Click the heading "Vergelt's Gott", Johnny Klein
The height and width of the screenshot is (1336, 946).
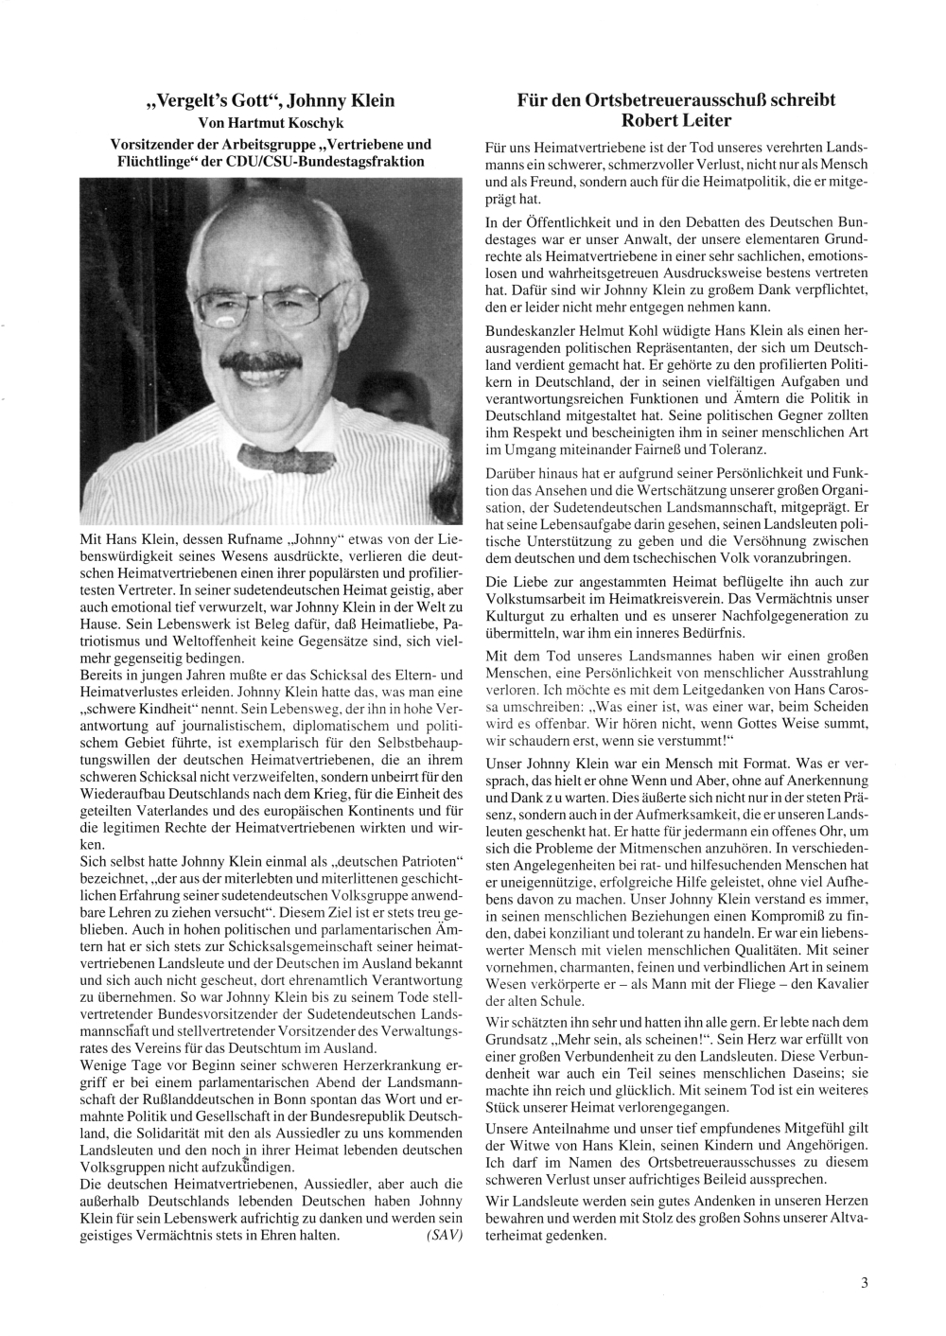[271, 100]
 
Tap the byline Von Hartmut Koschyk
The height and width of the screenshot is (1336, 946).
[271, 123]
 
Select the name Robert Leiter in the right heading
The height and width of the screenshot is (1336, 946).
[676, 120]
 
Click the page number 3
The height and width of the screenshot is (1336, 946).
[864, 1283]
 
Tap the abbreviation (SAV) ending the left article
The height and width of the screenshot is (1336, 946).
[444, 1236]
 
